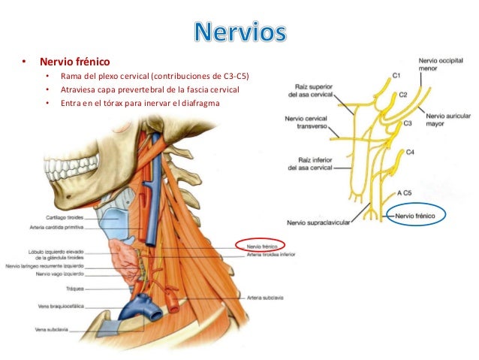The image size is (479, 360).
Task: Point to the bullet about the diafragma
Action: (x=140, y=104)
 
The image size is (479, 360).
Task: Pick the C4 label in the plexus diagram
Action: (x=409, y=152)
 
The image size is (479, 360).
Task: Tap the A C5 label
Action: (x=404, y=192)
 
